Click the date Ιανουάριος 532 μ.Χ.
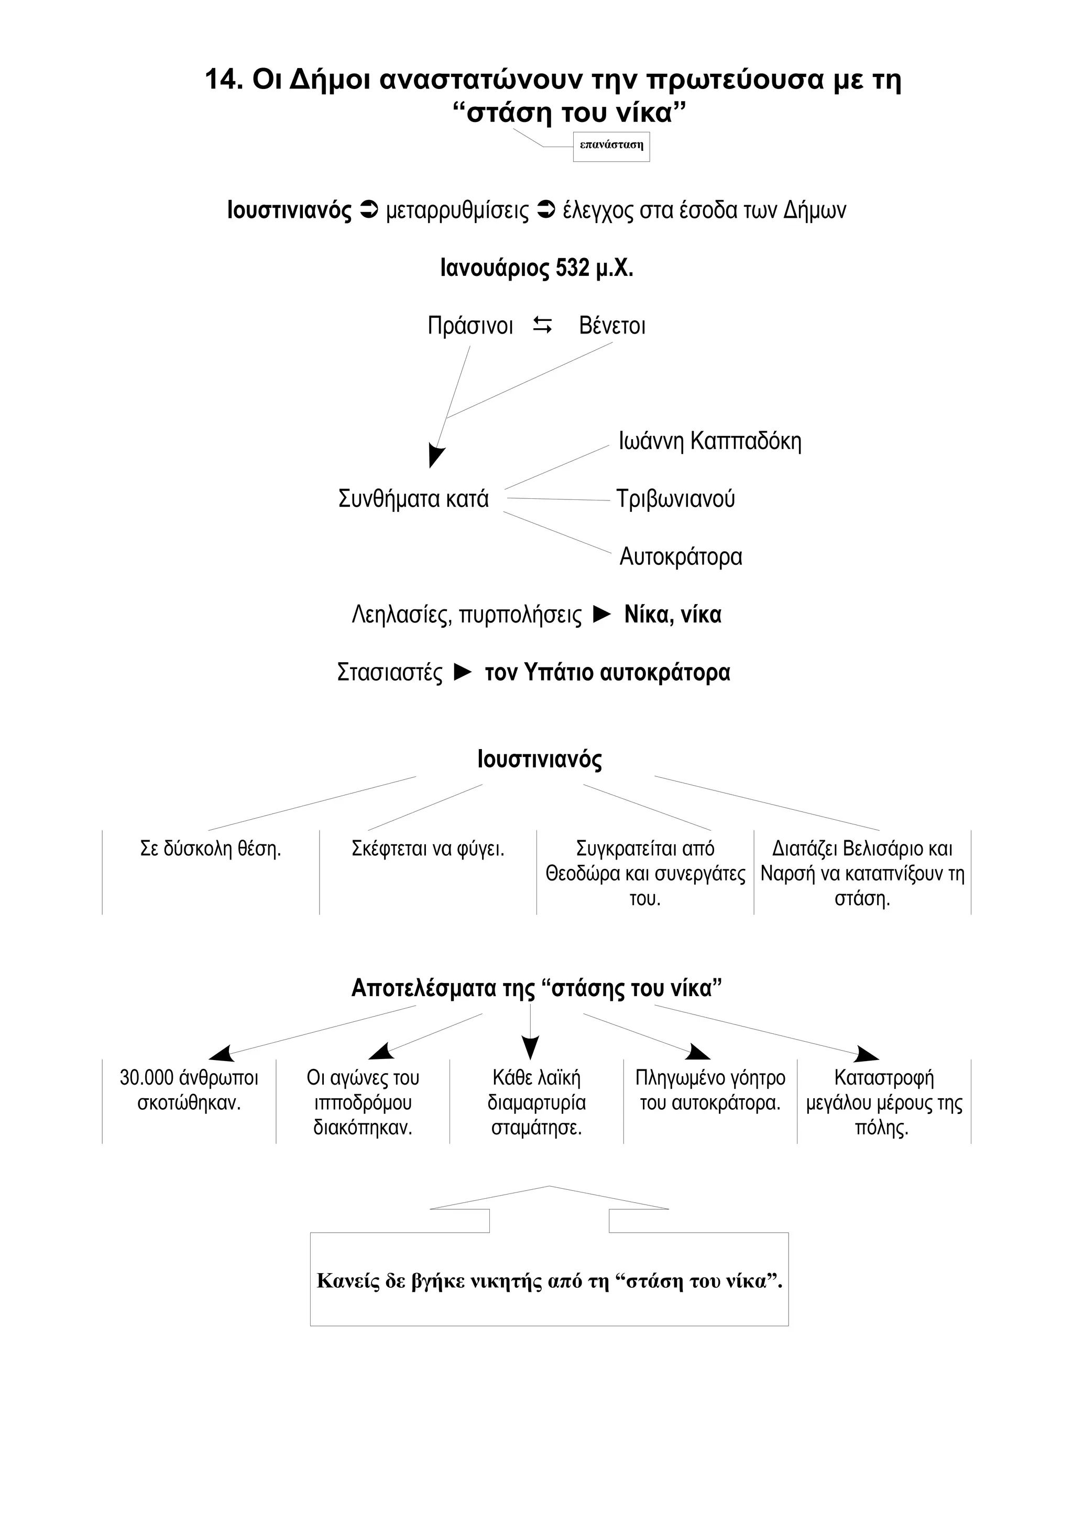tap(537, 268)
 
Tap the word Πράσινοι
tap(470, 326)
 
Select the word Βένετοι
tap(612, 326)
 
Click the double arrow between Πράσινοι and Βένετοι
tap(543, 325)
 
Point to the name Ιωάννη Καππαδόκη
tap(709, 441)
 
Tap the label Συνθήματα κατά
tap(413, 499)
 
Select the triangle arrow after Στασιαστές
tap(463, 673)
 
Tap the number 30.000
tap(146, 1078)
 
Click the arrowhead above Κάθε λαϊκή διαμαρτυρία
tap(530, 1048)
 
